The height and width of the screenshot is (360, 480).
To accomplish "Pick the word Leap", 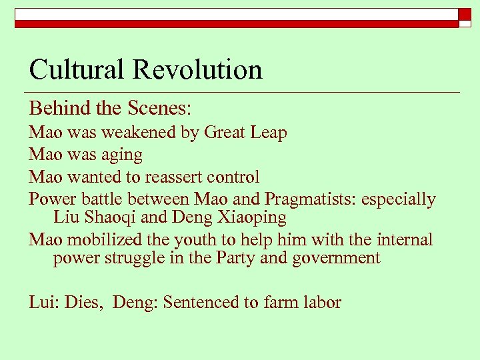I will [x=269, y=133].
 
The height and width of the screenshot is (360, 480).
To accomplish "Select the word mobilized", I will [x=101, y=239].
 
